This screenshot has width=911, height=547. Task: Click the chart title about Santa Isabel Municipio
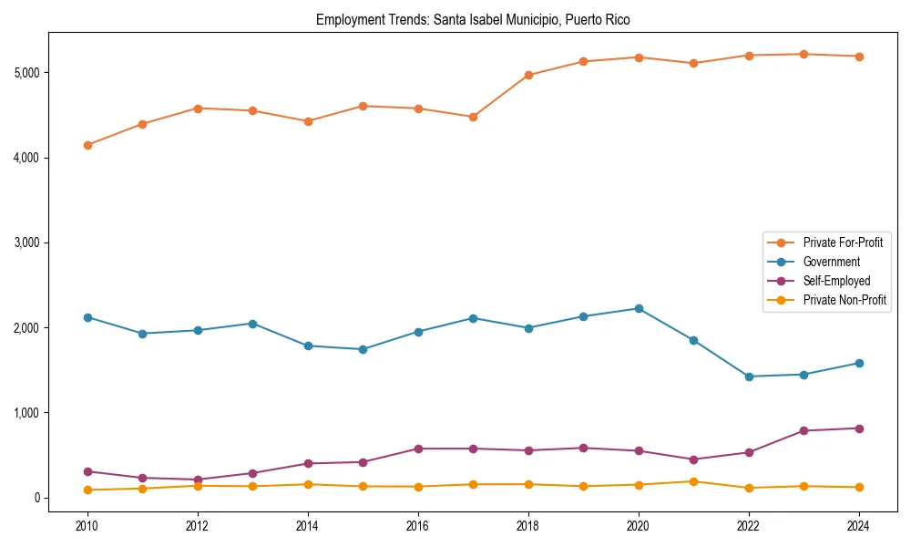click(473, 19)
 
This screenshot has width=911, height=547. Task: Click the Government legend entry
click(831, 262)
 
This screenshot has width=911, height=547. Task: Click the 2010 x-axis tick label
click(87, 526)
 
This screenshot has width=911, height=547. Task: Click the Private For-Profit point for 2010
click(87, 145)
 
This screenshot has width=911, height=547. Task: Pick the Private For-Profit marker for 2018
click(528, 75)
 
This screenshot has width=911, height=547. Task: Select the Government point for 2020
click(639, 308)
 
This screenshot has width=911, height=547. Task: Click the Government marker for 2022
click(749, 377)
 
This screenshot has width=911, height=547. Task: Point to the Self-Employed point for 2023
click(804, 430)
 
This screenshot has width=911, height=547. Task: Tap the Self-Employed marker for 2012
click(198, 480)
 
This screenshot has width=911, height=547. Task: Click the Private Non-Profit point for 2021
click(693, 481)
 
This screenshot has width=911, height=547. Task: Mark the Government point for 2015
click(363, 349)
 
